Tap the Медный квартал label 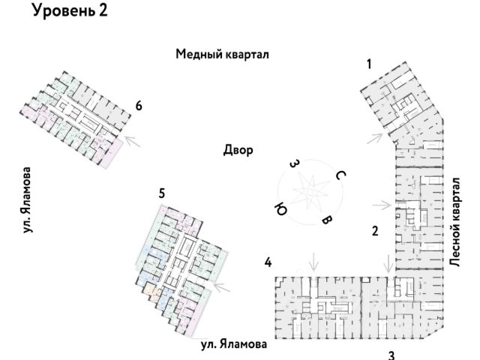pyautogui.click(x=222, y=54)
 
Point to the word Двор pyautogui.click(x=238, y=150)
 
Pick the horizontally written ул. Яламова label pyautogui.click(x=233, y=344)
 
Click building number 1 pyautogui.click(x=369, y=64)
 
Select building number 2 pyautogui.click(x=374, y=230)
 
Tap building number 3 pyautogui.click(x=390, y=355)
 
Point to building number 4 pyautogui.click(x=267, y=262)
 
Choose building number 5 pyautogui.click(x=162, y=193)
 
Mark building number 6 pyautogui.click(x=139, y=106)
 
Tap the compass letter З pyautogui.click(x=295, y=163)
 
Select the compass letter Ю pyautogui.click(x=280, y=208)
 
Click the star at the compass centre pyautogui.click(x=308, y=192)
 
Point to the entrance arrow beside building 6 pyautogui.click(x=133, y=139)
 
